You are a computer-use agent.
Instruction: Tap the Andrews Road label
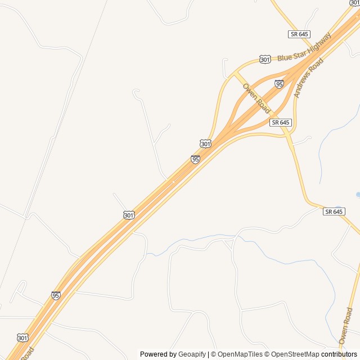coord(309,79)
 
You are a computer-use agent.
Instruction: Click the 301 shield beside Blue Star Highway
coord(265,59)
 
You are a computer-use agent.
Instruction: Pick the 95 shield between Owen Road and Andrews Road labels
coord(279,84)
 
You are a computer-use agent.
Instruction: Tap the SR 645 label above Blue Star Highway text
coord(299,34)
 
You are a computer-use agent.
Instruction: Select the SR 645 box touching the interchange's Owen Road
coord(280,122)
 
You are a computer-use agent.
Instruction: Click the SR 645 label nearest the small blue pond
coord(334,211)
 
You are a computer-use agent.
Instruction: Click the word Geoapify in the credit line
coord(192,354)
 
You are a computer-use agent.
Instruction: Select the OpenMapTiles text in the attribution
coord(240,354)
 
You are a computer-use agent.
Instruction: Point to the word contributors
coord(339,354)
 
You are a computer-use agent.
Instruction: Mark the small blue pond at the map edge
coord(358,195)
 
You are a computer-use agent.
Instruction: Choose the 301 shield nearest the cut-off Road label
coord(22,337)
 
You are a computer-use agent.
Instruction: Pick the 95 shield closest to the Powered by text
coord(56,295)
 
